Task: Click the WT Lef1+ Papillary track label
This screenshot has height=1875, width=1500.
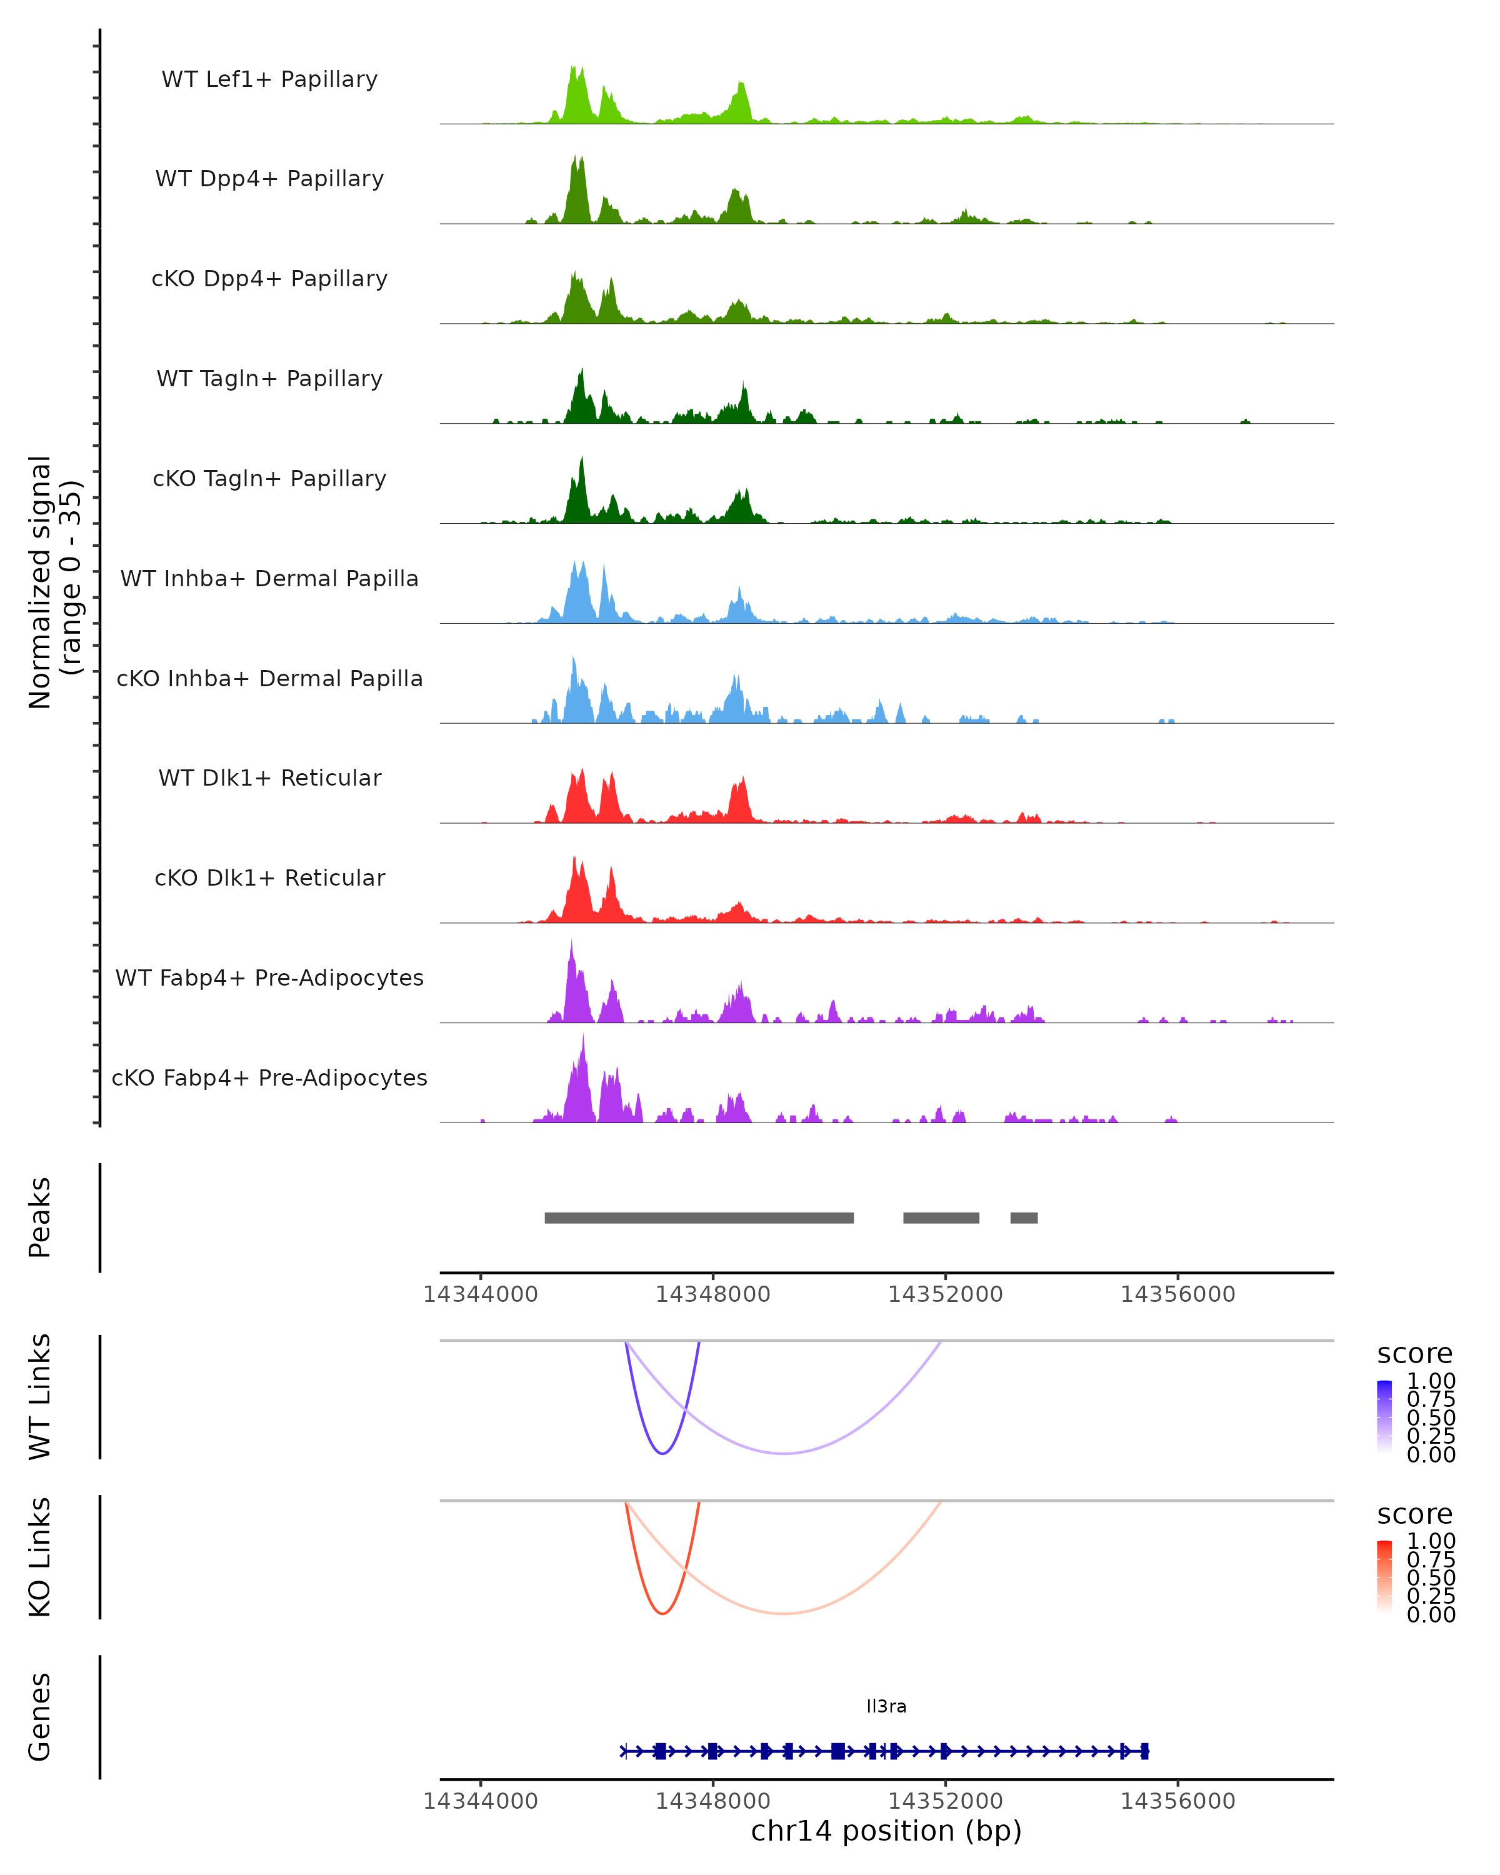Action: click(269, 80)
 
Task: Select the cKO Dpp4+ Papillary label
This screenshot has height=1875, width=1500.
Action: click(269, 279)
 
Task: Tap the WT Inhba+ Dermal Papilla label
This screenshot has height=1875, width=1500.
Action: click(269, 579)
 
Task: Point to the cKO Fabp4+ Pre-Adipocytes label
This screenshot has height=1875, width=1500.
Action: click(269, 1078)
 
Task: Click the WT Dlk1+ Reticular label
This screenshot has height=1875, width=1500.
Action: click(269, 778)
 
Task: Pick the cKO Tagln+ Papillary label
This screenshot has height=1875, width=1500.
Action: click(269, 479)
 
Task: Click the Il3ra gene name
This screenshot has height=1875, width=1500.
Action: click(886, 1706)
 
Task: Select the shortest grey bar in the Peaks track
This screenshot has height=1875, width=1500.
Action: click(1024, 1217)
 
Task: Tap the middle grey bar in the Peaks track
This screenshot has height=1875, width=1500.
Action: click(941, 1217)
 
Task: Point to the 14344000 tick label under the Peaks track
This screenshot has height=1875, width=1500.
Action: click(480, 1294)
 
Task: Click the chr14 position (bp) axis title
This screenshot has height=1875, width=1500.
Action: click(886, 1831)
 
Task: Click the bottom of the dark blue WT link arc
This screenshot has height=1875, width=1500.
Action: click(662, 1453)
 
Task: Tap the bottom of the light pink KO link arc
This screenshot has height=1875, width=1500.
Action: click(784, 1613)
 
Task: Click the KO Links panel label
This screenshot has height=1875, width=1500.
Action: click(40, 1557)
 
